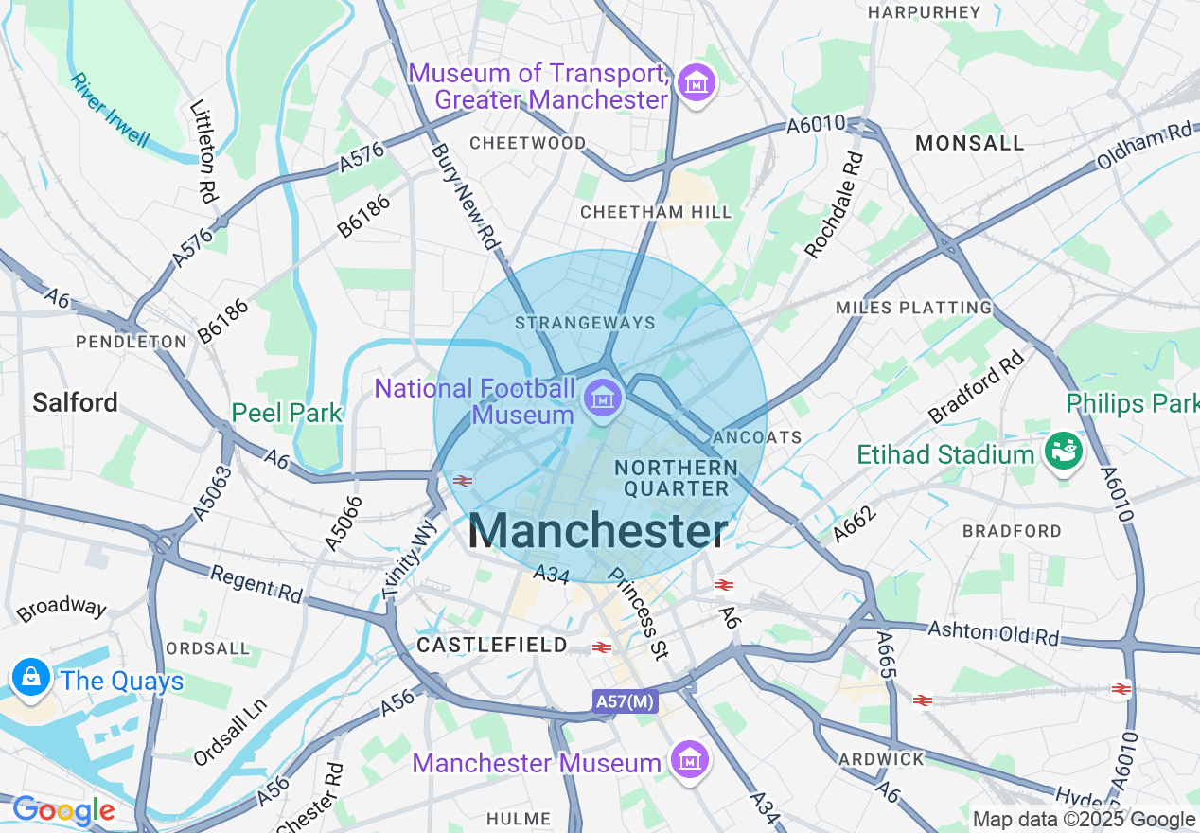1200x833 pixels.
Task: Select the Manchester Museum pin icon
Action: pos(690,759)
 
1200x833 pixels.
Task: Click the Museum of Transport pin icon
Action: pos(697,84)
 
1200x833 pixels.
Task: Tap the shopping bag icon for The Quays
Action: pos(32,678)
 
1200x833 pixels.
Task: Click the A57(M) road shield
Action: pos(626,701)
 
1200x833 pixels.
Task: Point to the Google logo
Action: pos(62,810)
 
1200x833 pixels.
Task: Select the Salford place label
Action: pos(75,402)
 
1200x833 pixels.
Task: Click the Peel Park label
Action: pos(288,414)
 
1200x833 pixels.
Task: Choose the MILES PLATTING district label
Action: pos(913,308)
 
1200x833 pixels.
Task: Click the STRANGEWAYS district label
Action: pos(585,323)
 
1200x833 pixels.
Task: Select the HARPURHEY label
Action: pos(924,12)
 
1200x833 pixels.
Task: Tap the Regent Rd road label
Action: pos(256,584)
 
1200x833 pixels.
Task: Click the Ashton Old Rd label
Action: pos(993,632)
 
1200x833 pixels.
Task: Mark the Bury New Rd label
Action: pos(465,196)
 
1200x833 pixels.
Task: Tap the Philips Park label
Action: pos(1132,403)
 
